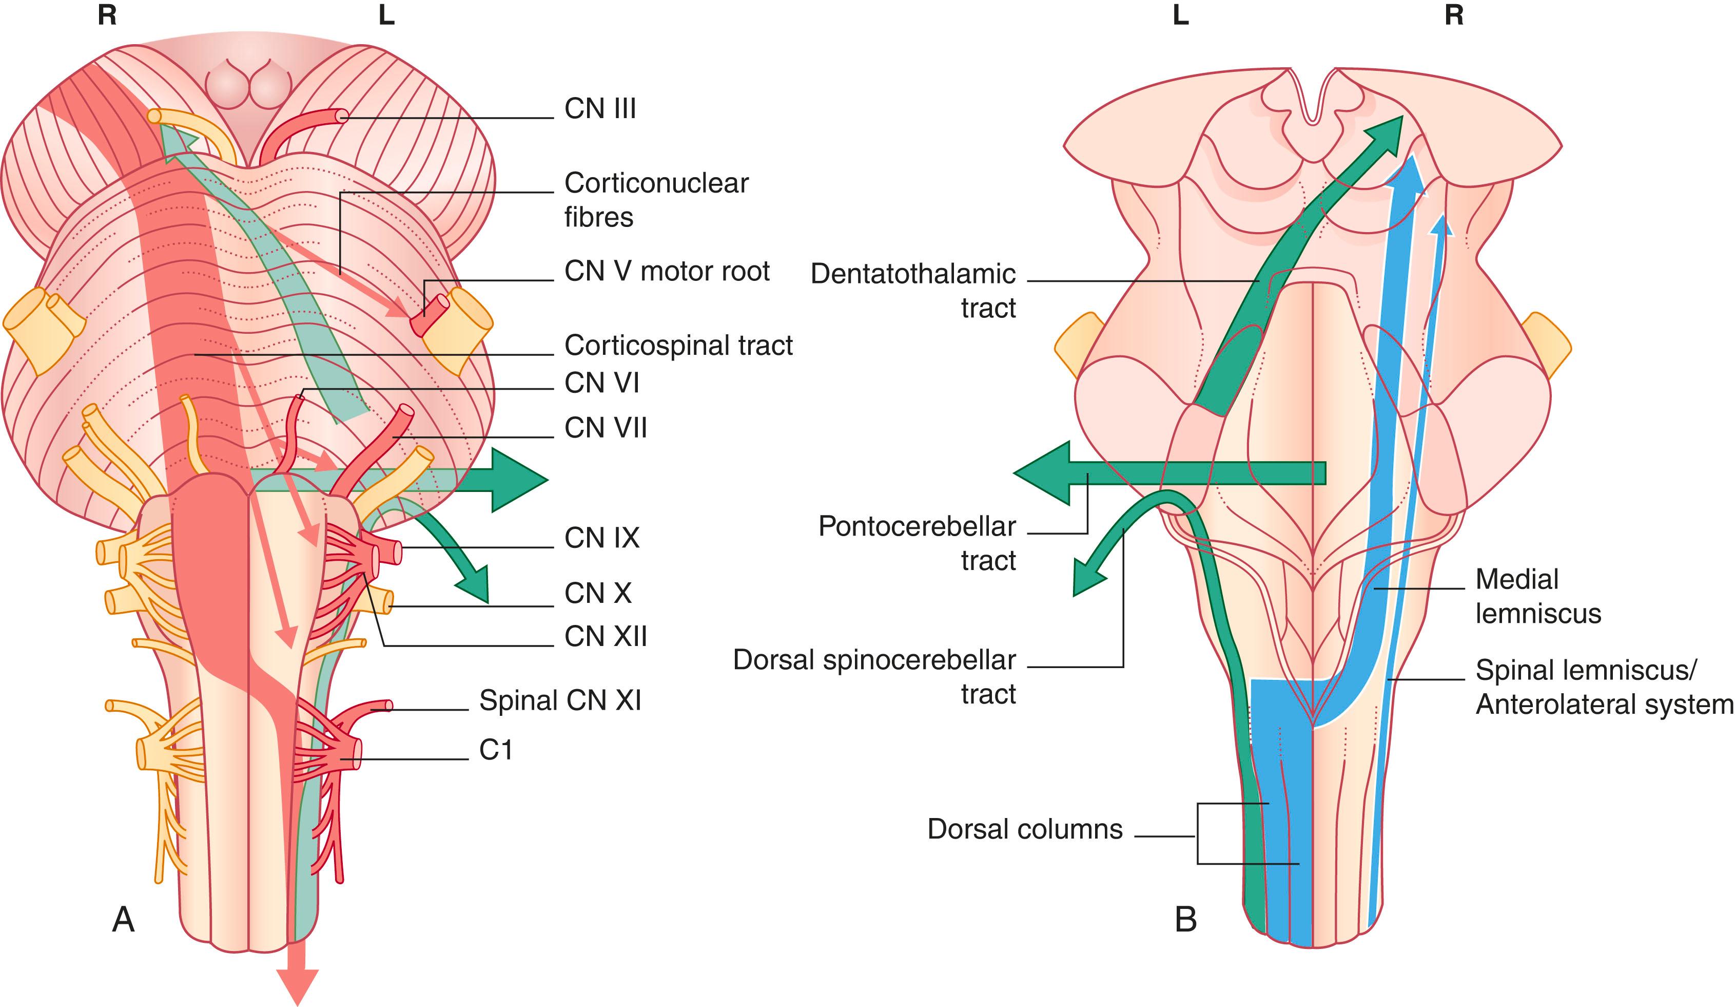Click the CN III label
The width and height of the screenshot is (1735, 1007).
600,109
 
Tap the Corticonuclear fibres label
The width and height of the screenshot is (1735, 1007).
655,200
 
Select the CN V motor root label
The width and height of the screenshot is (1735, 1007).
667,271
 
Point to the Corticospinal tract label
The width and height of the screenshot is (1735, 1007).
678,345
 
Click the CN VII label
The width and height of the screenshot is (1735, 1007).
605,428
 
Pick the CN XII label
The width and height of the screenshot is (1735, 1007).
605,636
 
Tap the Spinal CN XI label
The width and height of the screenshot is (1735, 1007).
560,700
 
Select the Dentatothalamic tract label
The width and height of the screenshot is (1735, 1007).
913,291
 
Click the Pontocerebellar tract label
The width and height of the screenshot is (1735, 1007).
917,543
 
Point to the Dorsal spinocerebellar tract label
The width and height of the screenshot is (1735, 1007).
874,676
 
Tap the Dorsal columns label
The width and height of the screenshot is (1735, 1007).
1024,829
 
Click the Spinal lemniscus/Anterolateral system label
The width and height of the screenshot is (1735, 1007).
1603,687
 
